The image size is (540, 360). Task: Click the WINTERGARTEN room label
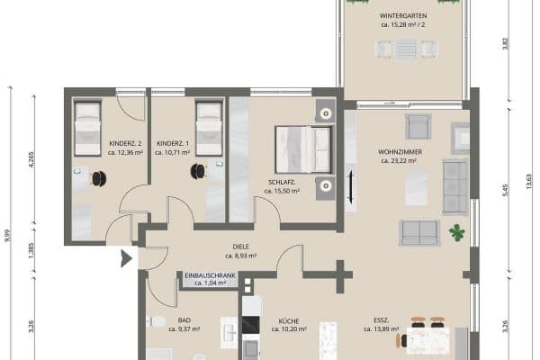pyautogui.click(x=402, y=15)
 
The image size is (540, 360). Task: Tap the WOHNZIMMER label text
pyautogui.click(x=400, y=151)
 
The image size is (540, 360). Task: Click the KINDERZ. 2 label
pyautogui.click(x=125, y=144)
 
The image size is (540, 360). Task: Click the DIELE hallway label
pyautogui.click(x=240, y=246)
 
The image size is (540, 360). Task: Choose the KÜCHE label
pyautogui.click(x=289, y=319)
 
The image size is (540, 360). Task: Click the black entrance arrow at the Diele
pyautogui.click(x=125, y=261)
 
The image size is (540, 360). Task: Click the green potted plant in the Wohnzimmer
pyautogui.click(x=458, y=232)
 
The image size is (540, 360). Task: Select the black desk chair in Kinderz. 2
pyautogui.click(x=100, y=179)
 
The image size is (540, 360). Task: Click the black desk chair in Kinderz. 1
pyautogui.click(x=197, y=170)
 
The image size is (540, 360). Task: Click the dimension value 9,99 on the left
pyautogui.click(x=8, y=234)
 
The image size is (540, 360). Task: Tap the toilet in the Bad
pyautogui.click(x=157, y=322)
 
